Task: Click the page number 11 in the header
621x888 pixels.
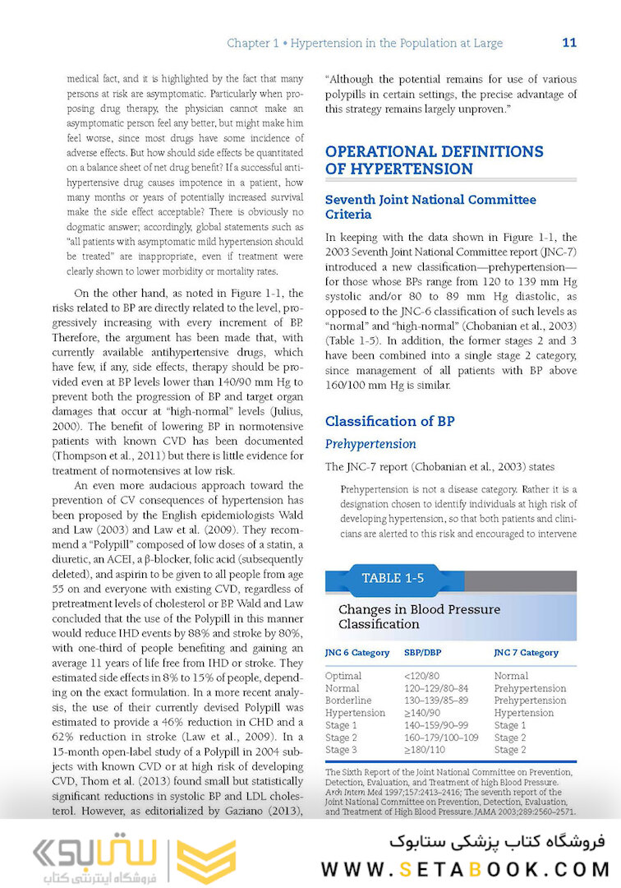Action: [569, 43]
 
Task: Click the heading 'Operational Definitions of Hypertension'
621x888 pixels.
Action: [434, 160]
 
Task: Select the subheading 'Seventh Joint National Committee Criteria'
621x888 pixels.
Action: [430, 207]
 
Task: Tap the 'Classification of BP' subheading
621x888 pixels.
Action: [389, 421]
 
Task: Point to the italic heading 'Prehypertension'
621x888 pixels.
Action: [370, 444]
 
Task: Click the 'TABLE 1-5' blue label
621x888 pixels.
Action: [393, 578]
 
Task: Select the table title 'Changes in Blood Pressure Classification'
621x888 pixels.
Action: [419, 617]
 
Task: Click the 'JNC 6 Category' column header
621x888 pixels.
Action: [356, 653]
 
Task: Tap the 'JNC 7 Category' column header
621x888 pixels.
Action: [526, 653]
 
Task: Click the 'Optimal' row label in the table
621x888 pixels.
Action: [343, 676]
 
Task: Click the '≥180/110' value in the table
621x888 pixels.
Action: [425, 750]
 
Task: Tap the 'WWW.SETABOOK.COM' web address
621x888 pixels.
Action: [465, 869]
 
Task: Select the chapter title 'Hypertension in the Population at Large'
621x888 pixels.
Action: [397, 43]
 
